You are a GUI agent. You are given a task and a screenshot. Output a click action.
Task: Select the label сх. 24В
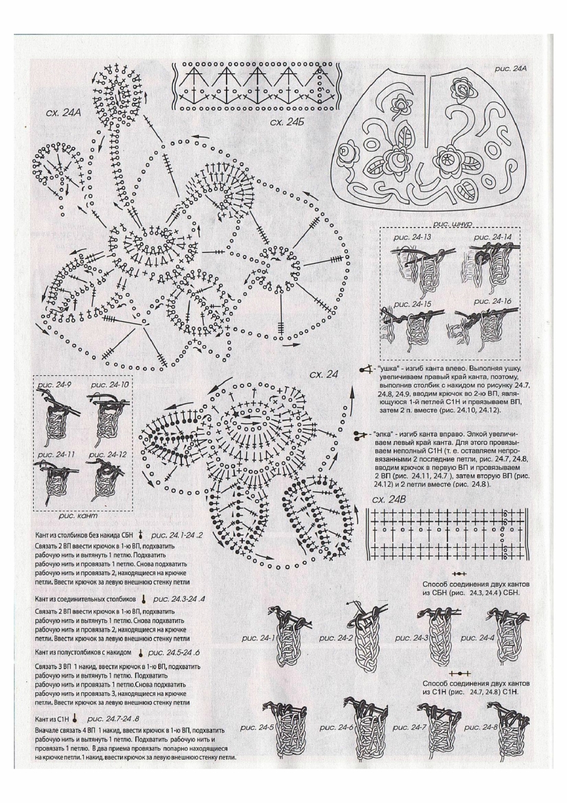(393, 500)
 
